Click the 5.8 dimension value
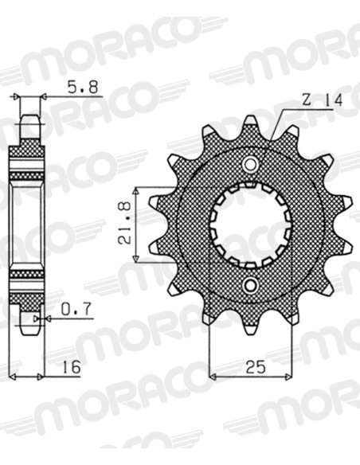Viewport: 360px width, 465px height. [x=83, y=88]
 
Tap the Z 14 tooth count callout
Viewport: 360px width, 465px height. [x=323, y=100]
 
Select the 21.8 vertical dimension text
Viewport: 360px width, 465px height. [x=125, y=223]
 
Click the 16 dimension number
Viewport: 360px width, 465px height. [x=72, y=367]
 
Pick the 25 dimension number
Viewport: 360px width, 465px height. [x=256, y=368]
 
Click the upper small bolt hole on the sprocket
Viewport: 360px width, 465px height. [x=251, y=163]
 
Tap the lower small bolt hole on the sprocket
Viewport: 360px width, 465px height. [x=251, y=285]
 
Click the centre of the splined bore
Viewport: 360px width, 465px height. [x=251, y=225]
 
